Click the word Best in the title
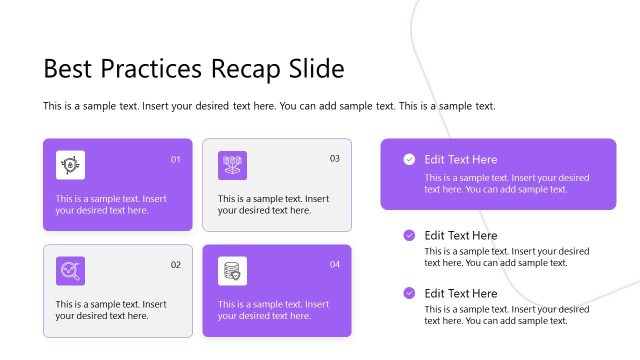click(x=66, y=69)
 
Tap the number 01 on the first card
click(x=176, y=159)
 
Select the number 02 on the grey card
click(x=176, y=265)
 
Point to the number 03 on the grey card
click(x=335, y=158)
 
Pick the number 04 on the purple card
click(x=335, y=264)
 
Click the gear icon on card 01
click(x=70, y=165)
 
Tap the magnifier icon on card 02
click(x=70, y=271)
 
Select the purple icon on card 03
click(x=232, y=165)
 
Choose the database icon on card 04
click(x=232, y=271)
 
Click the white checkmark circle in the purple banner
click(x=409, y=159)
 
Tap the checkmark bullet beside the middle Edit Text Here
click(x=409, y=235)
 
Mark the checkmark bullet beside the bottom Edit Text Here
click(x=409, y=293)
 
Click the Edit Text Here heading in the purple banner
click(x=460, y=159)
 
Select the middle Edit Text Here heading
click(x=460, y=235)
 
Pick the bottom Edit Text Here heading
click(x=460, y=293)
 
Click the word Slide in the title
click(x=316, y=69)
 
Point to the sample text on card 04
click(x=274, y=310)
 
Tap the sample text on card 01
click(x=111, y=204)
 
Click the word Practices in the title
click(x=148, y=69)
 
